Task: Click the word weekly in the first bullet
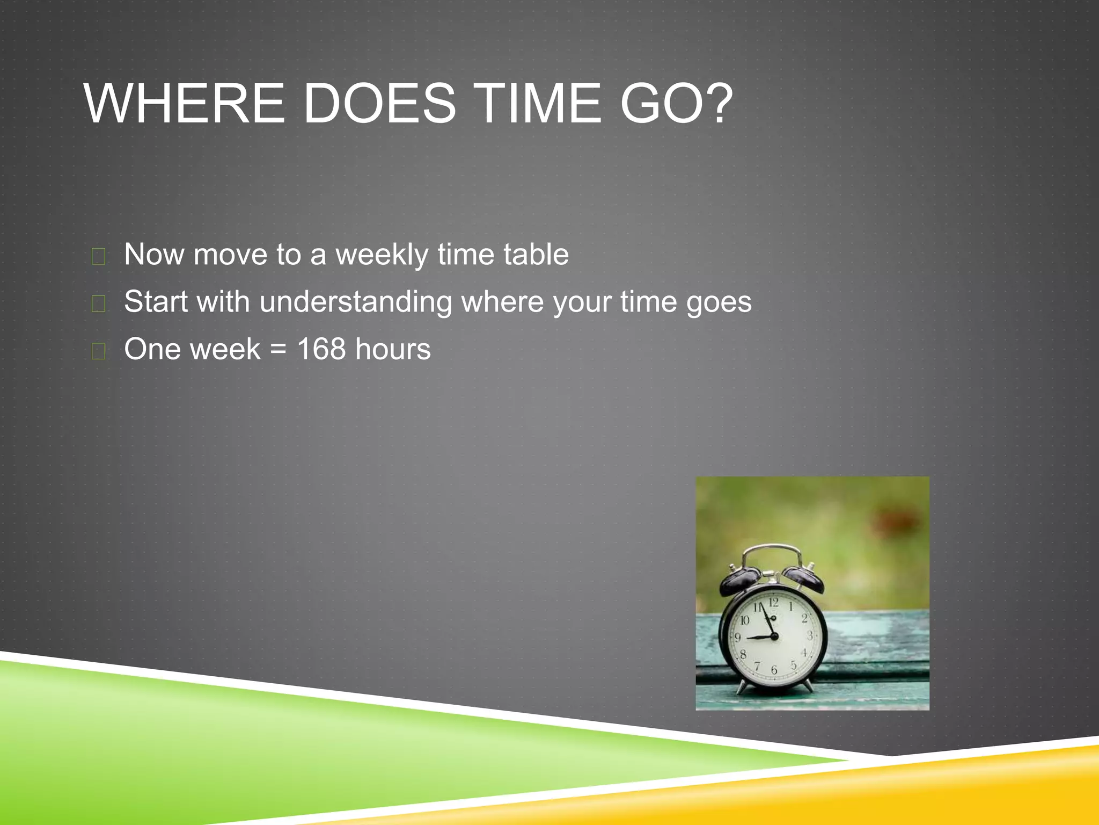point(382,255)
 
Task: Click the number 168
point(321,349)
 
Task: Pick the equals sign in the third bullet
point(279,350)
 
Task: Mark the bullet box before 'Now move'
point(98,257)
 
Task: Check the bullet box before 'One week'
point(98,351)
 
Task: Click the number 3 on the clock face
point(810,636)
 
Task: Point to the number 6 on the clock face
point(774,670)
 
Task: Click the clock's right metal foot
point(808,686)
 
